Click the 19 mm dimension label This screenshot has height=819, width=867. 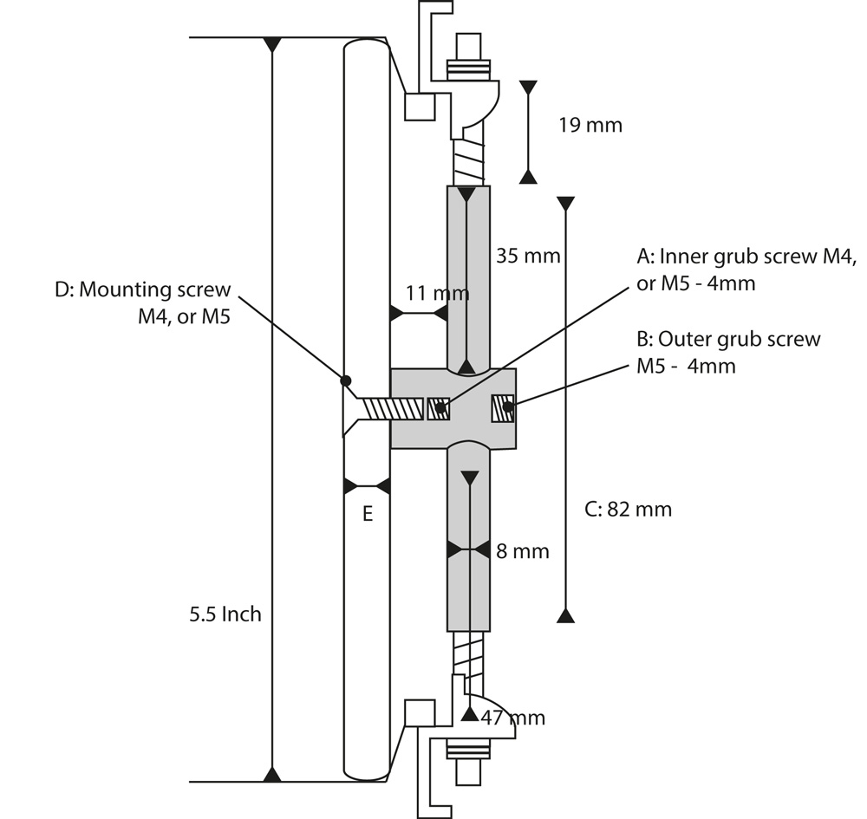pyautogui.click(x=590, y=125)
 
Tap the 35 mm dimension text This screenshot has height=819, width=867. pyautogui.click(x=528, y=257)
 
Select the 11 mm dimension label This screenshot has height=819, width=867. pyautogui.click(x=437, y=293)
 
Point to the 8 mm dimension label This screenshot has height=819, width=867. pyautogui.click(x=523, y=551)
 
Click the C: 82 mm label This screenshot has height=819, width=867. pyautogui.click(x=629, y=509)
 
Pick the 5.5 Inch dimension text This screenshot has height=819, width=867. pyautogui.click(x=225, y=614)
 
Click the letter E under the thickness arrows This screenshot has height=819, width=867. pyautogui.click(x=368, y=515)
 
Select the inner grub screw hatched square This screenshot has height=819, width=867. pyautogui.click(x=439, y=408)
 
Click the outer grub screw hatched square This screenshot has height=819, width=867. pyautogui.click(x=503, y=408)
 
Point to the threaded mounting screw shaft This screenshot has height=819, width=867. pyautogui.click(x=392, y=408)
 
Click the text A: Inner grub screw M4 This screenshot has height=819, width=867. pyautogui.click(x=746, y=257)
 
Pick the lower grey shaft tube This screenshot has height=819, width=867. pyautogui.click(x=469, y=537)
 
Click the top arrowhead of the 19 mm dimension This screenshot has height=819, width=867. pyautogui.click(x=528, y=88)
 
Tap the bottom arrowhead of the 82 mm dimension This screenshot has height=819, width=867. pyautogui.click(x=565, y=615)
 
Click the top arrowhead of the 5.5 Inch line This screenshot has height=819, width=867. pyautogui.click(x=272, y=43)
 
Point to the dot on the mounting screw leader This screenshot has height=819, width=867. pyautogui.click(x=345, y=380)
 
